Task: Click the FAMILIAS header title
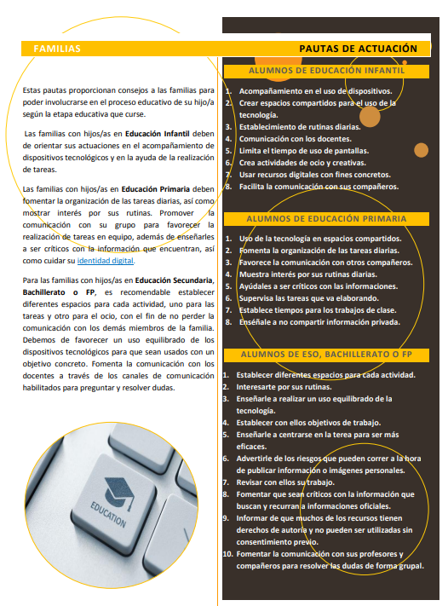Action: [57, 49]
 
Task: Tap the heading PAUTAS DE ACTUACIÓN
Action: [358, 49]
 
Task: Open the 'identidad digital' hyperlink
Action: [106, 261]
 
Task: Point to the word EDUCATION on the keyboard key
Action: [108, 515]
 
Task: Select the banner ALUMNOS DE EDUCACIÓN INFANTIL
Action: [326, 71]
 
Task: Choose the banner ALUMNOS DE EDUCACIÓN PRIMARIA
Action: [326, 219]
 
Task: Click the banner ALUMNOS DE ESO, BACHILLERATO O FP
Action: [326, 355]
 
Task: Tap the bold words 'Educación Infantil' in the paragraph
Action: [158, 134]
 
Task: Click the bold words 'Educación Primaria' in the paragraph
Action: [156, 189]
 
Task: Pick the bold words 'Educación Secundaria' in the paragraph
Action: [175, 280]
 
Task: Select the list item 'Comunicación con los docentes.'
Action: [295, 139]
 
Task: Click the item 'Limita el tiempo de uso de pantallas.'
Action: [304, 151]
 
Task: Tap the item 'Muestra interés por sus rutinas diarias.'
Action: [308, 274]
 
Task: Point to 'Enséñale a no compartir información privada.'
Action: [319, 322]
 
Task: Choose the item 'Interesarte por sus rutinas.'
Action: [284, 387]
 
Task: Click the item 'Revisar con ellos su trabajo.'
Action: [285, 482]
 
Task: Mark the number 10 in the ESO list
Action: [227, 554]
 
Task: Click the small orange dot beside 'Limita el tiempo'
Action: [421, 150]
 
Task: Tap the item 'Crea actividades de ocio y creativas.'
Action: [302, 163]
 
